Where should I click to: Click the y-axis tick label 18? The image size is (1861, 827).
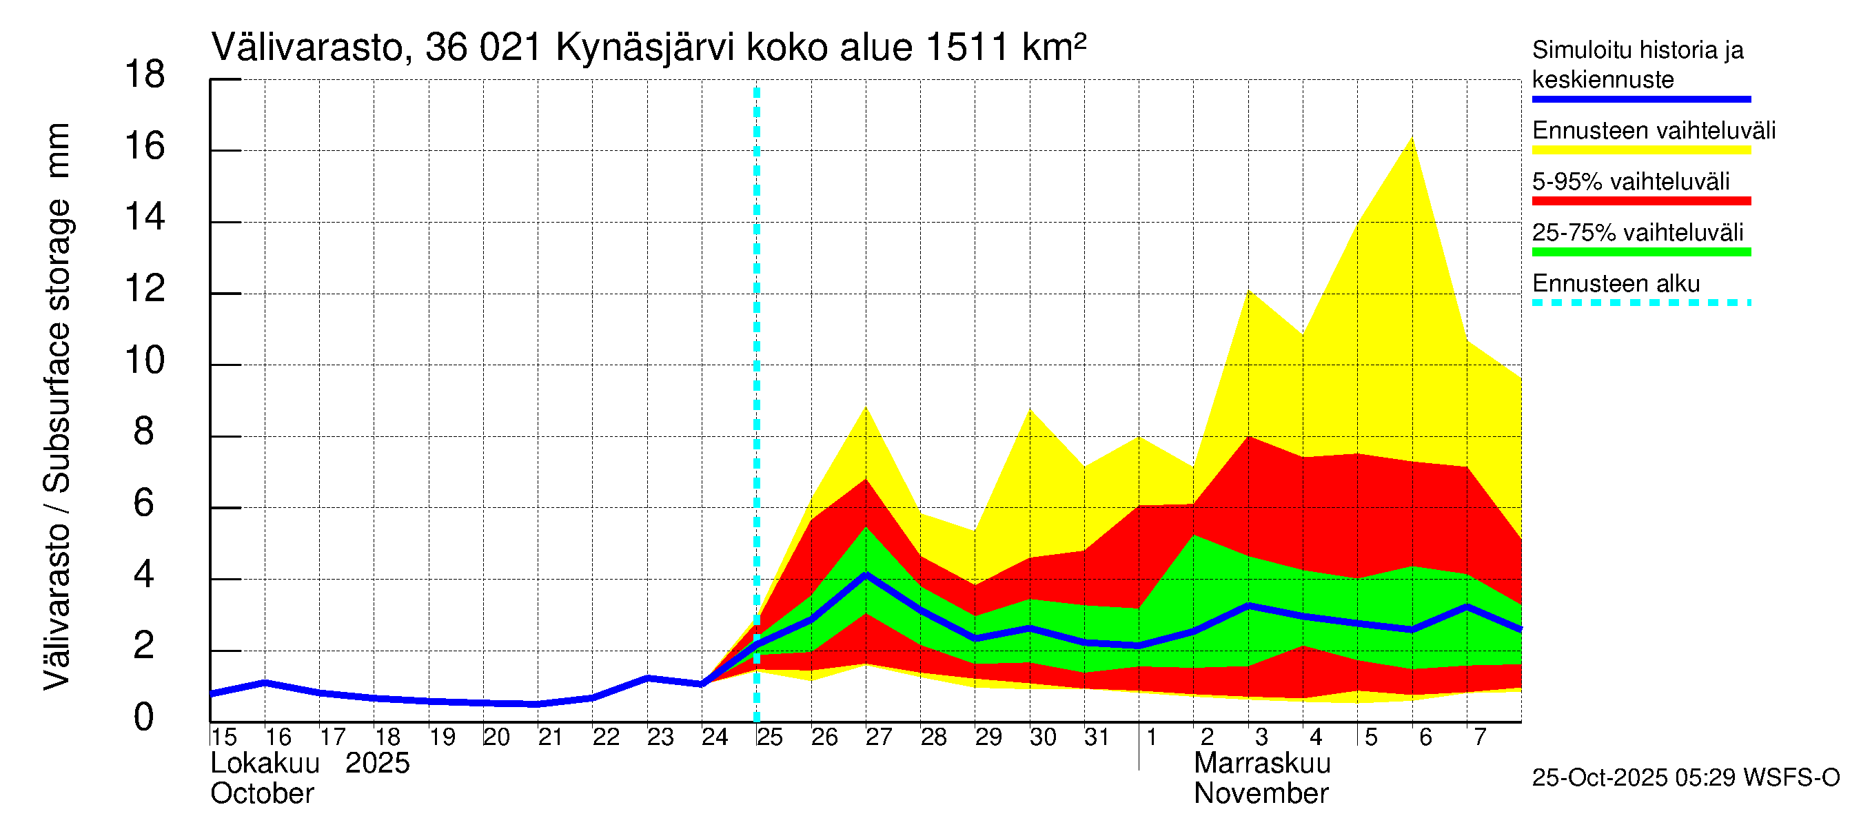(x=145, y=74)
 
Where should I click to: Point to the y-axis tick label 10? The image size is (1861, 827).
(x=145, y=360)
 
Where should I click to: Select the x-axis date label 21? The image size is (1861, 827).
(x=551, y=737)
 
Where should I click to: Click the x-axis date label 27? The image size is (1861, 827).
(x=879, y=737)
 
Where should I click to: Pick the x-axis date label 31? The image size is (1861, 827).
(x=1097, y=737)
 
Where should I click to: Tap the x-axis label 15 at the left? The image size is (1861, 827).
(x=224, y=737)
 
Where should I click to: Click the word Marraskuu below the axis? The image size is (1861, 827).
(x=1262, y=763)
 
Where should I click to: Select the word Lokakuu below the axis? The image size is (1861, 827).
(x=265, y=763)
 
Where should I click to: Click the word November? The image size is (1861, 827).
(x=1261, y=793)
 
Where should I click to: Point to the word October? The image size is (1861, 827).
(x=261, y=793)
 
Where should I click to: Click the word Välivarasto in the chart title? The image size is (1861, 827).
(x=306, y=48)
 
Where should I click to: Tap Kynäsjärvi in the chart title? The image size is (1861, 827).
(x=644, y=48)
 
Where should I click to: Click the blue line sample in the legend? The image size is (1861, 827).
(x=1641, y=99)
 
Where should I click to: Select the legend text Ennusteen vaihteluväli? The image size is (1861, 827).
(x=1654, y=131)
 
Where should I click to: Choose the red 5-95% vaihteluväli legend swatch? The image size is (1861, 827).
(x=1641, y=201)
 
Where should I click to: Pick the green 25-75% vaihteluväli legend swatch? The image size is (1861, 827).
(x=1641, y=252)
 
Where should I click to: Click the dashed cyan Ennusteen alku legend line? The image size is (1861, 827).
(x=1641, y=303)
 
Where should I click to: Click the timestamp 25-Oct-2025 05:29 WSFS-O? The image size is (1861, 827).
(x=1685, y=778)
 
